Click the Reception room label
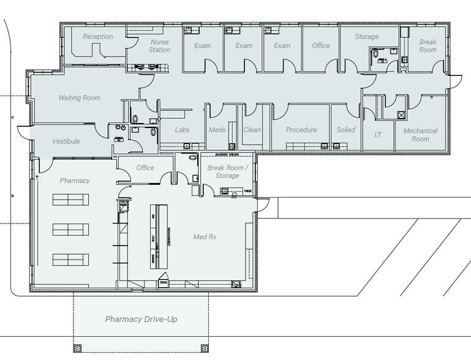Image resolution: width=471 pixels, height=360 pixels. [98, 37]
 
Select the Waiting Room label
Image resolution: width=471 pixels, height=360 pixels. [79, 98]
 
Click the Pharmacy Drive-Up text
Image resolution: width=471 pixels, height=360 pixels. [141, 320]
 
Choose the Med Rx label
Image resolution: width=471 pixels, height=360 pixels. [205, 236]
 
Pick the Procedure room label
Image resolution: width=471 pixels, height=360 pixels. [301, 130]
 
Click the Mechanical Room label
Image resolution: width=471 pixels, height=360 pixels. [420, 135]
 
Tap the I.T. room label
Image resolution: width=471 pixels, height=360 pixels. [378, 134]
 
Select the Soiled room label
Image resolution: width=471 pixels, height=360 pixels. [346, 130]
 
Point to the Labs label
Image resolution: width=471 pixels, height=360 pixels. [183, 130]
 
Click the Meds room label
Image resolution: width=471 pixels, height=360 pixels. [217, 130]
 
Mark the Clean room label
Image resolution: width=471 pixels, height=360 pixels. [252, 130]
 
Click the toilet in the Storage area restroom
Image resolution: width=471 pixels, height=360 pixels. [375, 54]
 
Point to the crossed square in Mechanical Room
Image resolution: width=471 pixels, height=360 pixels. [401, 114]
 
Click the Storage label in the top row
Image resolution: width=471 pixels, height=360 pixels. [366, 37]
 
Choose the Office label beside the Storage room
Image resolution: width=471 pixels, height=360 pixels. [320, 46]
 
